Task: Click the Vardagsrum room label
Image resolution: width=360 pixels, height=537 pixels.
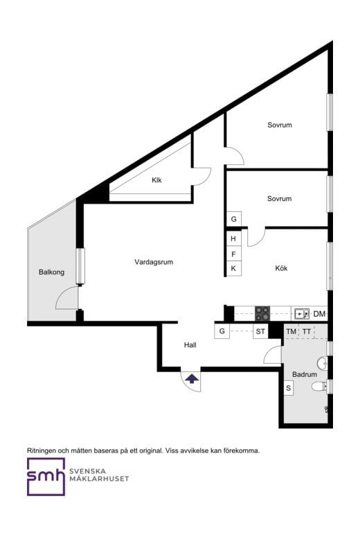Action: point(153,263)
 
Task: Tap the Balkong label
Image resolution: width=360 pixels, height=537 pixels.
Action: point(51,272)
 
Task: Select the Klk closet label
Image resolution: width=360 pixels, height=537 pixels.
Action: point(156,181)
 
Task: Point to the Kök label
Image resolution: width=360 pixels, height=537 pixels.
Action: point(281,268)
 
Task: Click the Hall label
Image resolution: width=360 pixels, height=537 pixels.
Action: point(190,345)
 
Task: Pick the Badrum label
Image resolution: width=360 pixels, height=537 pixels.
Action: point(304,374)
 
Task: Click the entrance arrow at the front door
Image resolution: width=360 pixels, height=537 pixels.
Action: point(191,378)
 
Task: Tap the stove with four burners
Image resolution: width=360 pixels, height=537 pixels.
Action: point(263,313)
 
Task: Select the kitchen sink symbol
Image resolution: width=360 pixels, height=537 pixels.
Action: point(301,314)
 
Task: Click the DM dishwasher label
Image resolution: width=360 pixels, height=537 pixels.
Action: point(319,315)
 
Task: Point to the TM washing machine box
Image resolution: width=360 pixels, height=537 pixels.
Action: point(291,332)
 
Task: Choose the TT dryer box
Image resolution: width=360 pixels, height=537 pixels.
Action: point(306,332)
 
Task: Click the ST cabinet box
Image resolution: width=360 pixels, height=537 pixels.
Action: point(260,332)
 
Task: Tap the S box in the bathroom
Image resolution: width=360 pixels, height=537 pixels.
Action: point(289,389)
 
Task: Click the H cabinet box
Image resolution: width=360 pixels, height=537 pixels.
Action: point(234,239)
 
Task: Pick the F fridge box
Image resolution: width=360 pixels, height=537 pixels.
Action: point(234,254)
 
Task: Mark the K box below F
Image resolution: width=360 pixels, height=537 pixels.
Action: point(234,268)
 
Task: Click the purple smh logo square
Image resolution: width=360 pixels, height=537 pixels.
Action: point(46,477)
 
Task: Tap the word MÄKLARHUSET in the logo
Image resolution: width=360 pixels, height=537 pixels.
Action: point(99,479)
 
